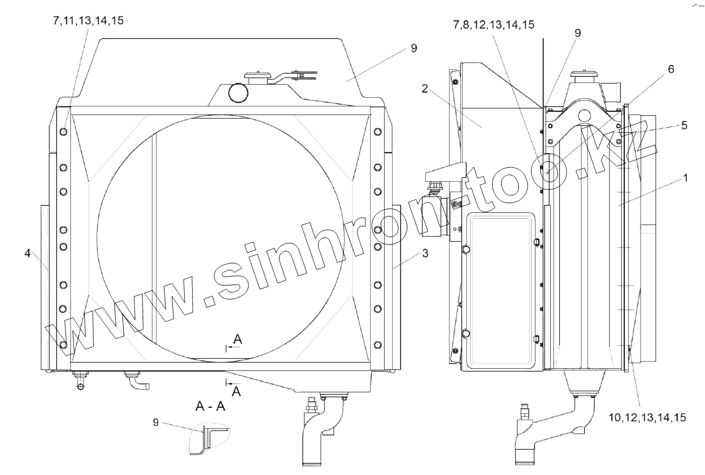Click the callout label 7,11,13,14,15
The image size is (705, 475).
pyautogui.click(x=89, y=21)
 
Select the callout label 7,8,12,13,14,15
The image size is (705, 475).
pyautogui.click(x=494, y=25)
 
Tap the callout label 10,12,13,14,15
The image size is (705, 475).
pyautogui.click(x=647, y=418)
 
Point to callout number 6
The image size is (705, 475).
pyautogui.click(x=671, y=69)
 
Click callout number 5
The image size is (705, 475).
pyautogui.click(x=684, y=125)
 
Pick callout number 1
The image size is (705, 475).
pyautogui.click(x=685, y=178)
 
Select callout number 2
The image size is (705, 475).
pyautogui.click(x=425, y=89)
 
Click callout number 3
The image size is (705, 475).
pyautogui.click(x=425, y=253)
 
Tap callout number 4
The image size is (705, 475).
pyautogui.click(x=28, y=253)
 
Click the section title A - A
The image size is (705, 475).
pyautogui.click(x=210, y=407)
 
